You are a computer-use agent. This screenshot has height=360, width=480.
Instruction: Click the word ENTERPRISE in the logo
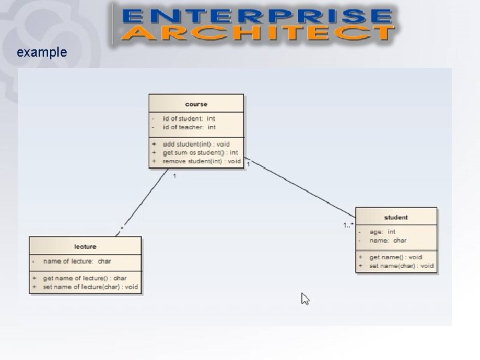(257, 16)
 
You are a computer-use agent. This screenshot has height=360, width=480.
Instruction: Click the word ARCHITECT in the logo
(257, 33)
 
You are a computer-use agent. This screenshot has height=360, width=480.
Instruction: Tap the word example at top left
(42, 51)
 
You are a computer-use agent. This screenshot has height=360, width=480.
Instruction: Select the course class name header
(196, 104)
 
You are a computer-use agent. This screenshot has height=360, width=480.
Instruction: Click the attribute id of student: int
(189, 119)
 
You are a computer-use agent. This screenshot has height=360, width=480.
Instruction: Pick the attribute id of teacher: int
(189, 127)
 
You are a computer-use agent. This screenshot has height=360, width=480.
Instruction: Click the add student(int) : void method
(196, 144)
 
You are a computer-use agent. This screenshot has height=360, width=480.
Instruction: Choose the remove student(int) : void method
(201, 161)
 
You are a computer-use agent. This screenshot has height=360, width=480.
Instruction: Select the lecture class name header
(85, 247)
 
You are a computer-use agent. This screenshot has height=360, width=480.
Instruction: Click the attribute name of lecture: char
(77, 261)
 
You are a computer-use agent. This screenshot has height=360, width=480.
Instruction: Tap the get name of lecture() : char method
(85, 277)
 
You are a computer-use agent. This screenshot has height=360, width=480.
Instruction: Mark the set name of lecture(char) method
(90, 287)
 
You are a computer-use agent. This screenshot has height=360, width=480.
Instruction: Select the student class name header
(396, 217)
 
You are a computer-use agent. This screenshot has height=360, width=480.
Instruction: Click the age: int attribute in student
(382, 232)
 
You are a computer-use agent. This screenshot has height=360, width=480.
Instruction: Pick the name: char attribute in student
(387, 240)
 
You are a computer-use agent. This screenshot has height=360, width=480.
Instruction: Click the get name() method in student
(395, 257)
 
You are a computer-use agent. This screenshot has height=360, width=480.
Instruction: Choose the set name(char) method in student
(401, 266)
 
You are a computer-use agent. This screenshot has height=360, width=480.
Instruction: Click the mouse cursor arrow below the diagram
(305, 299)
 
